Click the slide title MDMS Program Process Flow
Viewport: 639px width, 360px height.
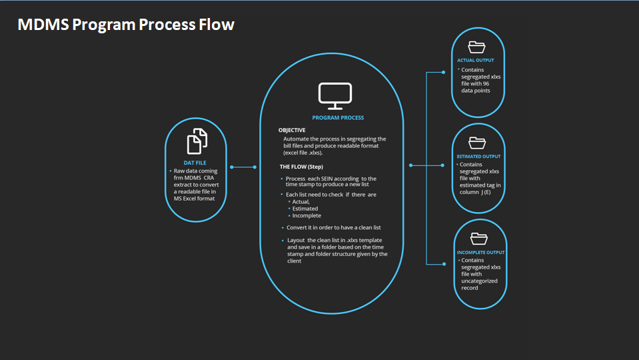coord(126,25)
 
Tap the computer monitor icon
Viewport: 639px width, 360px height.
coord(334,96)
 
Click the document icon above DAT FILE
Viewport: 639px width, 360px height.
coord(196,141)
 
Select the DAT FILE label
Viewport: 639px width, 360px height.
coord(195,163)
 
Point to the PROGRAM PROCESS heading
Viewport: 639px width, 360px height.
coord(338,117)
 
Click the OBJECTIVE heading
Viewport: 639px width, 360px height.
coord(292,130)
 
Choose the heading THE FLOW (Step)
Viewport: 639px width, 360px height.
coord(301,166)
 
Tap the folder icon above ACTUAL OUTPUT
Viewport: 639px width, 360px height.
coord(477,47)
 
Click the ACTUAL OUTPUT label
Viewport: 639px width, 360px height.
coord(475,61)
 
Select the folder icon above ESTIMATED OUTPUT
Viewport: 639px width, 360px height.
coord(477,142)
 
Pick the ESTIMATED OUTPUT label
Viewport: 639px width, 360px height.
coord(478,157)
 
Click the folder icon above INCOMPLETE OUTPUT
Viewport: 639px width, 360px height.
coord(478,238)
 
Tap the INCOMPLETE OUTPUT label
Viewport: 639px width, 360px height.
coord(480,253)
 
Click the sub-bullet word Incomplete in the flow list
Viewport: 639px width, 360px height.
coord(307,215)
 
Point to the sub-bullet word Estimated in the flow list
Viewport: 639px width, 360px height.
coord(305,209)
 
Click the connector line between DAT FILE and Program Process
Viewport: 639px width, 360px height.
coord(243,167)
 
